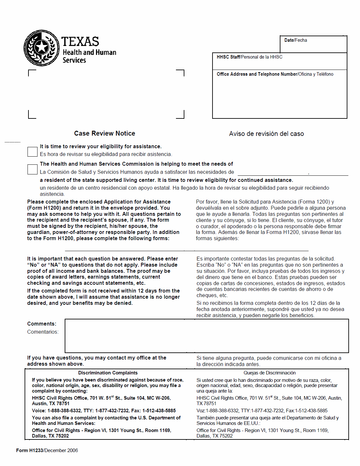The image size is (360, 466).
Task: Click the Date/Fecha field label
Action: pyautogui.click(x=296, y=40)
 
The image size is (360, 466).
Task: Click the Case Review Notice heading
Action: pyautogui.click(x=104, y=133)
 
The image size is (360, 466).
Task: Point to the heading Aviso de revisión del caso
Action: pyautogui.click(x=266, y=134)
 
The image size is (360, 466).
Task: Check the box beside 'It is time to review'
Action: pyautogui.click(x=32, y=151)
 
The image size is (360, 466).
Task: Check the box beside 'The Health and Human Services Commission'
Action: pyautogui.click(x=32, y=169)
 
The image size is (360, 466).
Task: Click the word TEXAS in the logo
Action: pyautogui.click(x=80, y=41)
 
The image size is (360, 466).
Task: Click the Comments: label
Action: pyautogui.click(x=42, y=324)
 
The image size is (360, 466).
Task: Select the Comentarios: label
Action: pyautogui.click(x=43, y=332)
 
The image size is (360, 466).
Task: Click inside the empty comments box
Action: pyautogui.click(x=206, y=336)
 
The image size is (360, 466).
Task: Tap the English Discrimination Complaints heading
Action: pyautogui.click(x=108, y=373)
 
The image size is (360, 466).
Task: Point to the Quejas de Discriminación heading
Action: pyautogui.click(x=269, y=373)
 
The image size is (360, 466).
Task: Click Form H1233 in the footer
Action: pyautogui.click(x=29, y=450)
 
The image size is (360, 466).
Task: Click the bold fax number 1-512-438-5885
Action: pyautogui.click(x=159, y=411)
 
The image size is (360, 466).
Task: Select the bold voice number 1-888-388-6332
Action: pyautogui.click(x=64, y=411)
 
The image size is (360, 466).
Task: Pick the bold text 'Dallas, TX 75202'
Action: pyautogui.click(x=50, y=436)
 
